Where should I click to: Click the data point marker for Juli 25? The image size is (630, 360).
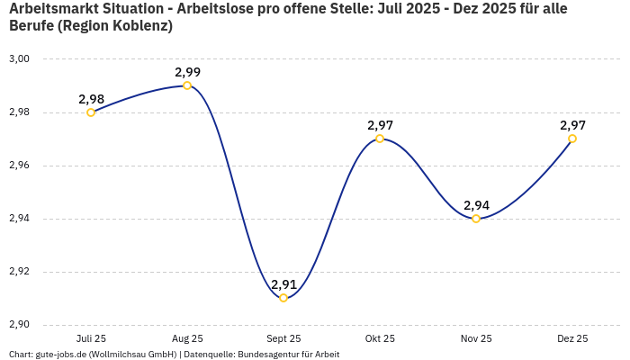[91, 112]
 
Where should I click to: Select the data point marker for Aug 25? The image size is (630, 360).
[187, 85]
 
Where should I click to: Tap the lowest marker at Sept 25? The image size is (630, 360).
[283, 298]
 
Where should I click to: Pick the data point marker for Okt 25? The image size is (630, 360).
[380, 139]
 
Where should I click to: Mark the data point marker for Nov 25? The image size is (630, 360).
[476, 219]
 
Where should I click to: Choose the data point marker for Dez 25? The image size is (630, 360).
[572, 139]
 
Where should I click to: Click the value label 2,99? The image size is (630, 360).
[187, 72]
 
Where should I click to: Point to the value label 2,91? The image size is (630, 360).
[283, 284]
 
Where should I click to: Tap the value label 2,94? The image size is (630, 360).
[476, 205]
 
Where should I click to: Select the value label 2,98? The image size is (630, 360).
[91, 99]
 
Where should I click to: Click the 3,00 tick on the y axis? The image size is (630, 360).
[19, 59]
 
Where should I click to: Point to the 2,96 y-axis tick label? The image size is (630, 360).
[19, 166]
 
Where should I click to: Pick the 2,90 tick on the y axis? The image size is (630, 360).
[19, 325]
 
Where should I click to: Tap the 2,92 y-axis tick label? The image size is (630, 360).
[19, 272]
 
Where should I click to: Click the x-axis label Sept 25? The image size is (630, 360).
[283, 339]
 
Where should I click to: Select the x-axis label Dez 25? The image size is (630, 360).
[572, 339]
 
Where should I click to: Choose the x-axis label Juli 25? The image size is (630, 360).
[91, 339]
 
